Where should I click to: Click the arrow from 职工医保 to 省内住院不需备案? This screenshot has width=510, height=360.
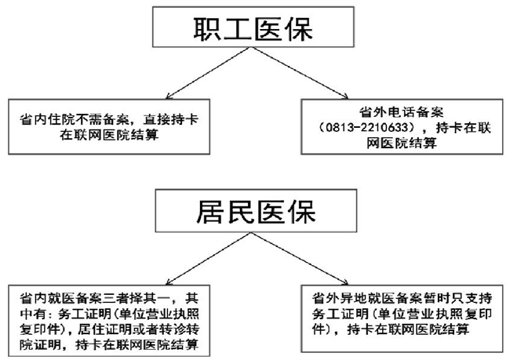coord(208,73)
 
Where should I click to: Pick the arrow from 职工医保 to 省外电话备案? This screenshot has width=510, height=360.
coord(299,73)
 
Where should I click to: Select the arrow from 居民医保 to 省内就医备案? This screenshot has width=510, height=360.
coord(208,259)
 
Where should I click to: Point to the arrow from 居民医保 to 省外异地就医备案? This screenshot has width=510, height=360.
coord(300,259)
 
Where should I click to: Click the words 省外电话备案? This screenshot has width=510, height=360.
coord(402,112)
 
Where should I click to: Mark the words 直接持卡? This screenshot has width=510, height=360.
coord(171,120)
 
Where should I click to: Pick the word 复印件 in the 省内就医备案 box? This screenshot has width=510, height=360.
coord(40,329)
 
